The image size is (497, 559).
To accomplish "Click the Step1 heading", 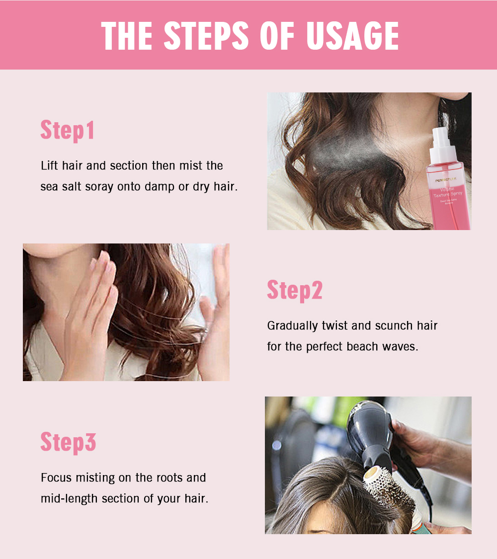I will pyautogui.click(x=67, y=130).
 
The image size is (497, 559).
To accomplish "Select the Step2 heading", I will pyautogui.click(x=295, y=290).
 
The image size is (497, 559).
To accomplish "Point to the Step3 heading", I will pyautogui.click(x=68, y=442).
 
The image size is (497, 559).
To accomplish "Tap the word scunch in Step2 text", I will pyautogui.click(x=393, y=326).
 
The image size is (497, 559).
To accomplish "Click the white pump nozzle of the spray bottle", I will pyautogui.click(x=440, y=142).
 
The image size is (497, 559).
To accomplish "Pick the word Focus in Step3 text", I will pyautogui.click(x=56, y=478).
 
